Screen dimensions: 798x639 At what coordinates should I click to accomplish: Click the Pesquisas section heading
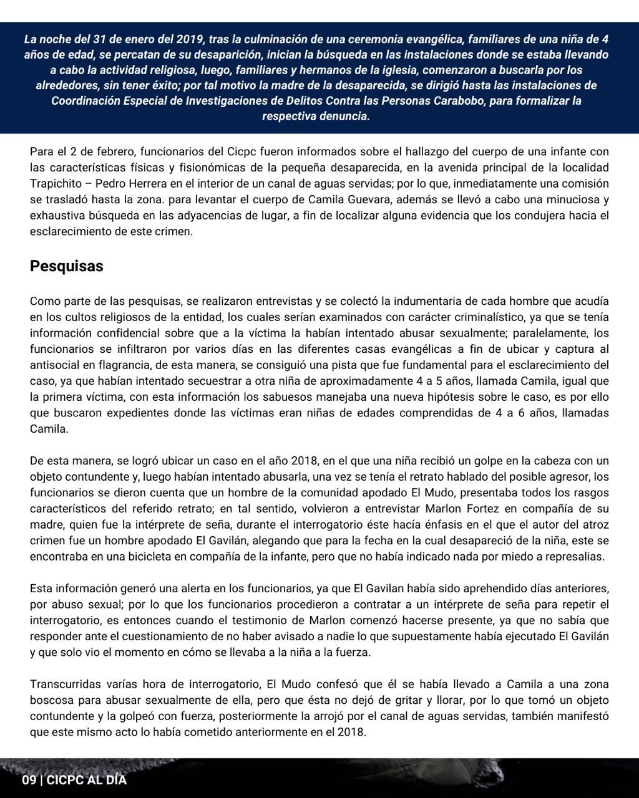67,266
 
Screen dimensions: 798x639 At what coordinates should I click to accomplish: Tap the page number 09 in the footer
29,780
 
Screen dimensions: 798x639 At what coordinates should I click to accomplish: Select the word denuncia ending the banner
341,116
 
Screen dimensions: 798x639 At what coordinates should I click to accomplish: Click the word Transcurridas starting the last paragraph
65,684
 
